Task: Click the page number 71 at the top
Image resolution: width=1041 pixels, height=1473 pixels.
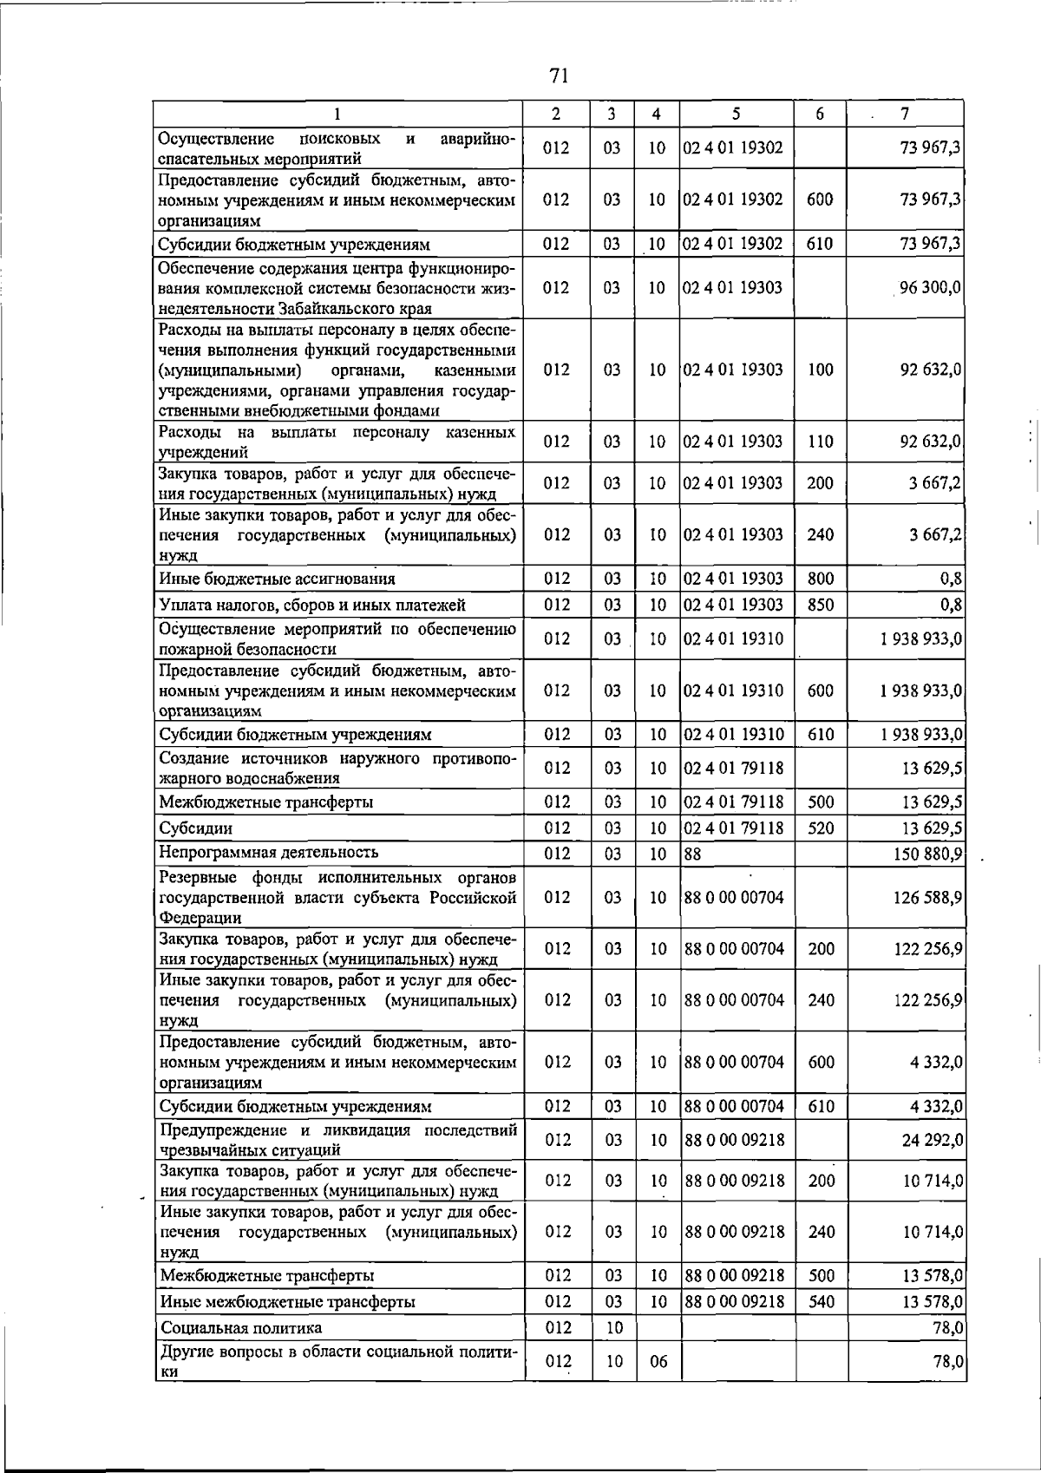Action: (558, 76)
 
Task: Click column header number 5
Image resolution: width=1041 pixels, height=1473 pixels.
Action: (736, 114)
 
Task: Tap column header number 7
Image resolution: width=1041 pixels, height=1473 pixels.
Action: (905, 114)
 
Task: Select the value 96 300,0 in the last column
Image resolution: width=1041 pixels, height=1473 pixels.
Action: (930, 287)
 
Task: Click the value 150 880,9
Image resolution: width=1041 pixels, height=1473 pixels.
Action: (927, 854)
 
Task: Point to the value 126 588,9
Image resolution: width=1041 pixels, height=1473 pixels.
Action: (927, 897)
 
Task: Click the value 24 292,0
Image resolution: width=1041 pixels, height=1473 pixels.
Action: (933, 1140)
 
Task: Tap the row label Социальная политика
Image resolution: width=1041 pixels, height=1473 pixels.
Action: (240, 1328)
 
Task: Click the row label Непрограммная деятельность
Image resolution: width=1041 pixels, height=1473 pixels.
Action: (268, 852)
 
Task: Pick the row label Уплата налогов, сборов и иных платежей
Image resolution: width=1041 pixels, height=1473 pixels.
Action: (312, 605)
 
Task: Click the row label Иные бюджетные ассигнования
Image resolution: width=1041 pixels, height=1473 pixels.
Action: (277, 579)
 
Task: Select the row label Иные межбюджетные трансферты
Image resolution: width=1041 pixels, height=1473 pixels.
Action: (287, 1302)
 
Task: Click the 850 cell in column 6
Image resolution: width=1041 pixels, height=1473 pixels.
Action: (820, 605)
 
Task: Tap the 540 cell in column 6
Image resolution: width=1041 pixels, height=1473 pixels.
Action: (821, 1302)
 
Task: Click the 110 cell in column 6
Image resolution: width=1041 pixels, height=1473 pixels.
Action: (820, 442)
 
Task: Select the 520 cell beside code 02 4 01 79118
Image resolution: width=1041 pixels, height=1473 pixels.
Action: (821, 828)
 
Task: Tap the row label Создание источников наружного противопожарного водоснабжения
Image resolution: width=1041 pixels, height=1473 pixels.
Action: (337, 769)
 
